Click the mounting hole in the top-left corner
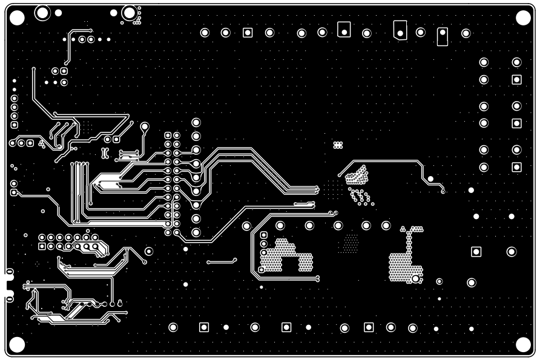point(17,18)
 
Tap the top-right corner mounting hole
point(522,18)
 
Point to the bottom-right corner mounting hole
point(522,344)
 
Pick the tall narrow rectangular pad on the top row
point(443,36)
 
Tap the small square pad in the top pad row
point(247,33)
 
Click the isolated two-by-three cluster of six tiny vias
point(338,145)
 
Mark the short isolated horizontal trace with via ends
point(221,261)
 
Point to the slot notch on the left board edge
point(8,285)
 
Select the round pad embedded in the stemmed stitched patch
point(416,278)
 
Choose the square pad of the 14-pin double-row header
point(42,246)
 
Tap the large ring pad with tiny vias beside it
point(129,13)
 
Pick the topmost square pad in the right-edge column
point(516,80)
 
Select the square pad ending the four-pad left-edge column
point(14,125)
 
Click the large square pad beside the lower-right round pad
point(476,251)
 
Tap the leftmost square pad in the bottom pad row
point(204,327)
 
